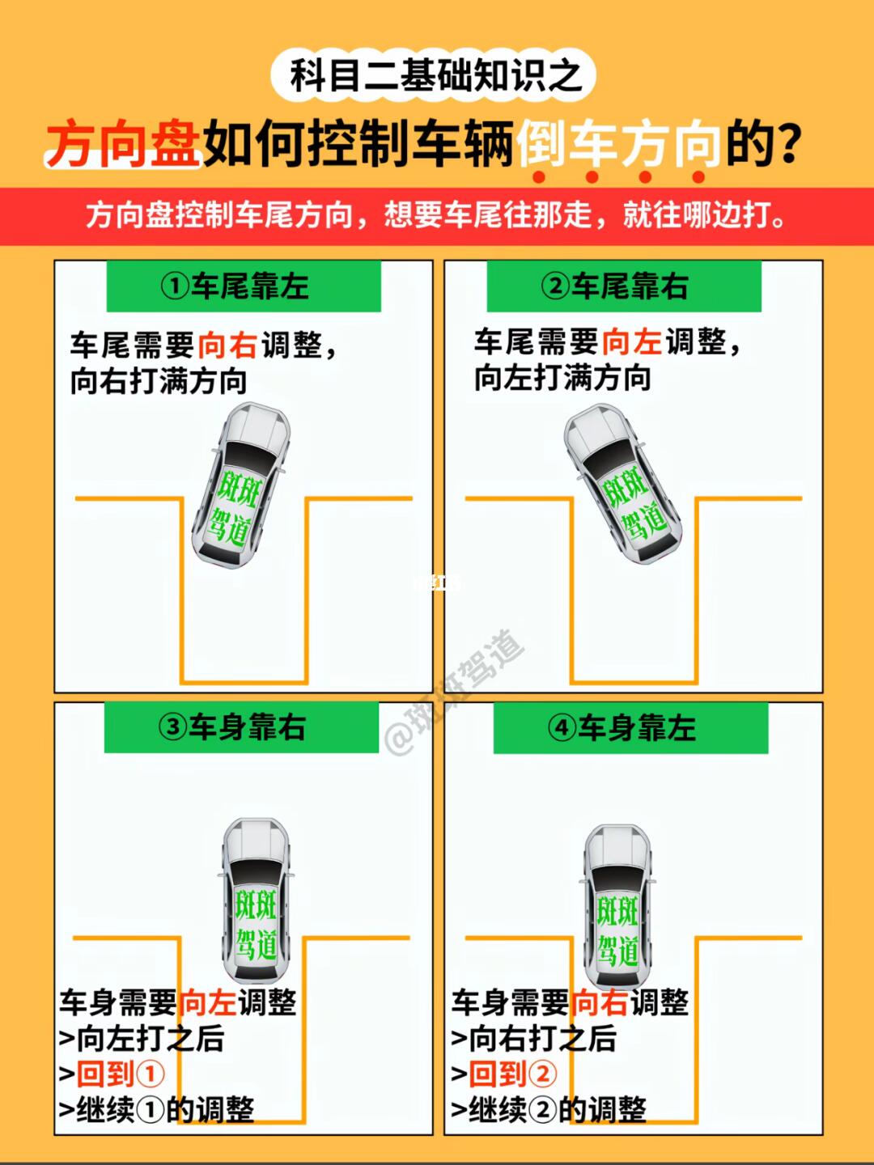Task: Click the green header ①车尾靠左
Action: pos(244,286)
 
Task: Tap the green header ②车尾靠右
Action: pos(624,286)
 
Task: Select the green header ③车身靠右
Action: pos(241,727)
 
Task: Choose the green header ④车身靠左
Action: pos(631,727)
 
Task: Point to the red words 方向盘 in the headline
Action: pos(123,143)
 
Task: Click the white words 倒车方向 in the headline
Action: pos(619,143)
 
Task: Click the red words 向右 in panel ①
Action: pos(227,345)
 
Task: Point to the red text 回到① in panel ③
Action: pos(121,1074)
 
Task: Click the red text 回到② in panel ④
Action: pos(512,1074)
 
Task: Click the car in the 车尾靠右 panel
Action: pos(622,484)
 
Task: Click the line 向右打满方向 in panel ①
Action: pos(159,381)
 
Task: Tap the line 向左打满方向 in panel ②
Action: pos(562,378)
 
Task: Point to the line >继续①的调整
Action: pos(156,1110)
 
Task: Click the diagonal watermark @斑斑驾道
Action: pos(455,693)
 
